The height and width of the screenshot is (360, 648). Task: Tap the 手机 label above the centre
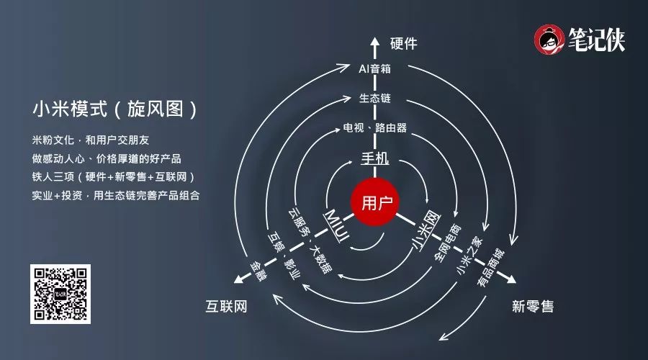[x=374, y=158]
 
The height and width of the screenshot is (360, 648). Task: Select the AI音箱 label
[x=374, y=69]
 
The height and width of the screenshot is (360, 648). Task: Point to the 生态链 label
[x=374, y=98]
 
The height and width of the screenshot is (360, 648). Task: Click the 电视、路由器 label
[x=374, y=128]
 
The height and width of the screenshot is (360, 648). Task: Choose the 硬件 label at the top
[x=404, y=43]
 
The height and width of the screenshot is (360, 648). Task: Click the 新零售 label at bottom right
[x=533, y=306]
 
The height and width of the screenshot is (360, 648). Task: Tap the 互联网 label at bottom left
[x=226, y=307]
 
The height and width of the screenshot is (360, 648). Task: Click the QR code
[x=60, y=294]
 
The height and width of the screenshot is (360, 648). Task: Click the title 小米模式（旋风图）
[x=114, y=110]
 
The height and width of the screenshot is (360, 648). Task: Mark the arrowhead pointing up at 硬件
[x=374, y=42]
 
